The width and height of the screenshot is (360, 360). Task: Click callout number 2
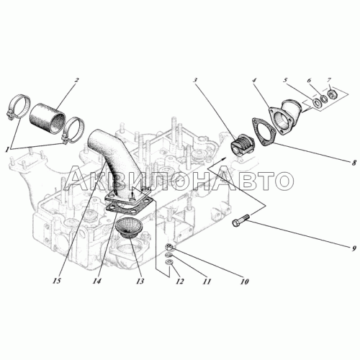point(76,80)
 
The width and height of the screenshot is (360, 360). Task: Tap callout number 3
point(195,80)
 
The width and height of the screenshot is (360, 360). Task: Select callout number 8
point(354,163)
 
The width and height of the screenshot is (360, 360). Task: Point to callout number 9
point(354,249)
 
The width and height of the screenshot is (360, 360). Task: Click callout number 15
point(58,281)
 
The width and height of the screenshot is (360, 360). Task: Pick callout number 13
point(140,281)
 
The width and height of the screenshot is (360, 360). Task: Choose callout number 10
point(244,282)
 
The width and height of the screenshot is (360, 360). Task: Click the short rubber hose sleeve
point(48,117)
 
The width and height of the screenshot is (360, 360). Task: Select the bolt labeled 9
point(240,220)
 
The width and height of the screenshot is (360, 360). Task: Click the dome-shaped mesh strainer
point(129,228)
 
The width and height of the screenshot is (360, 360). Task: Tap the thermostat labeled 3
point(242,145)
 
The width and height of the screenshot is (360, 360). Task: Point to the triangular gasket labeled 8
point(263,132)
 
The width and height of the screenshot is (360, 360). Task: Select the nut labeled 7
point(332,94)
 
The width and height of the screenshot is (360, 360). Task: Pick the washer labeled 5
point(317,102)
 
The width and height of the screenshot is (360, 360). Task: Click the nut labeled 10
point(168,246)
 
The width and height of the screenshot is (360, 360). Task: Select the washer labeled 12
point(168,262)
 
